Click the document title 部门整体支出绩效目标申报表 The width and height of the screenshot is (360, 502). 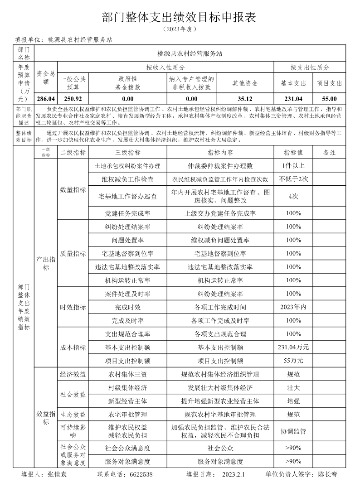pos(180,17)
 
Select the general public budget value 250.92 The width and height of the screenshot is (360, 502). pos(73,98)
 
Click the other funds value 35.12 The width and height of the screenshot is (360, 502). pos(245,98)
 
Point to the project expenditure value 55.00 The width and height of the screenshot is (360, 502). pos(329,98)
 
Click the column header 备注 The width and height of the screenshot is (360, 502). pos(329,153)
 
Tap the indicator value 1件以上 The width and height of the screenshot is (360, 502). pos(293,166)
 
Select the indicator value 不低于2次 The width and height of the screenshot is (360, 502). pos(293,179)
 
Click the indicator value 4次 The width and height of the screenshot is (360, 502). pos(293,196)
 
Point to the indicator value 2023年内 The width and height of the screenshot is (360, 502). pos(293,307)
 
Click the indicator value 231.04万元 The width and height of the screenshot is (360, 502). pos(293,348)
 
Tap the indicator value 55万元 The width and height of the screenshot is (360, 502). pos(293,361)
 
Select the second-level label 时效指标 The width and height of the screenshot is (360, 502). pos(73,307)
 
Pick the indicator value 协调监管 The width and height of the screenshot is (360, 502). pos(293,431)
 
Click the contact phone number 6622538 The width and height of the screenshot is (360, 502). pos(141,475)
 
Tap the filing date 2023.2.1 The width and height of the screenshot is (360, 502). pos(234,475)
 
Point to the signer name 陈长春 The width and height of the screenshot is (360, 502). pos(327,475)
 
